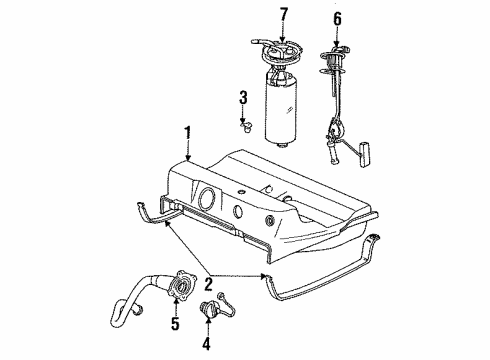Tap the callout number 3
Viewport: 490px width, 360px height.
[x=242, y=97]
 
